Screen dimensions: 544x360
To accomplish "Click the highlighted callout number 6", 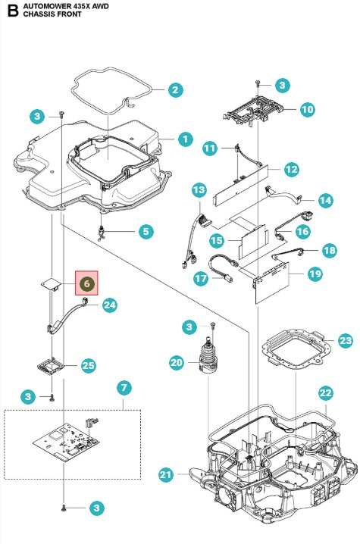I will pyautogui.click(x=87, y=283).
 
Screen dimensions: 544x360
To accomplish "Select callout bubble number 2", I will pyautogui.click(x=174, y=89).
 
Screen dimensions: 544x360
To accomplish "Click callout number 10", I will pyautogui.click(x=307, y=110).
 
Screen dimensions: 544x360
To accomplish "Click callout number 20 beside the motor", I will pyautogui.click(x=177, y=364).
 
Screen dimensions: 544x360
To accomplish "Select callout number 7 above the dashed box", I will pyautogui.click(x=124, y=388).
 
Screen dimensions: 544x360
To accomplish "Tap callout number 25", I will pyautogui.click(x=89, y=365).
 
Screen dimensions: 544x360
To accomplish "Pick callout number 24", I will pyautogui.click(x=110, y=305).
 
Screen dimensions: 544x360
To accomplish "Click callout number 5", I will pyautogui.click(x=146, y=230).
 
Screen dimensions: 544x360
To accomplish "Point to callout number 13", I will pyautogui.click(x=199, y=189).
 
